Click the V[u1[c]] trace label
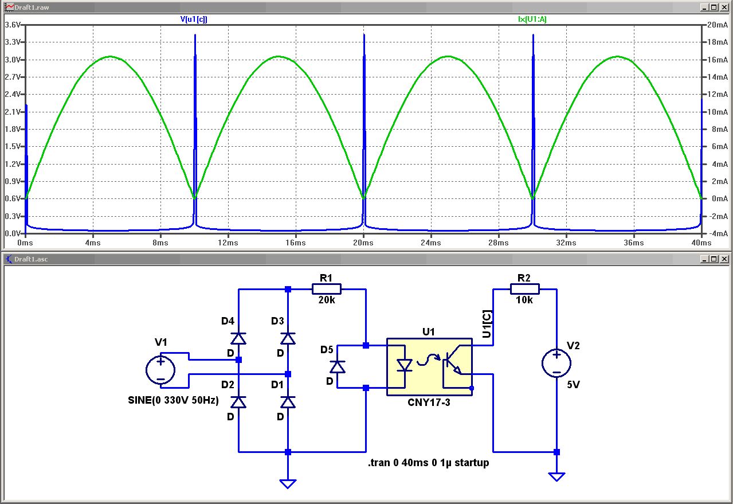(194, 19)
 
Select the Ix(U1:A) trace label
(532, 19)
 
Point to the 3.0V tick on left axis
(13, 60)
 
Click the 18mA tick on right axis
(716, 42)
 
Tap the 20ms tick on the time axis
(363, 243)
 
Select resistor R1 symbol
(326, 289)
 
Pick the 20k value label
(326, 300)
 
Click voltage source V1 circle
(161, 370)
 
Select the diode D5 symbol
(338, 366)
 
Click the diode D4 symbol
(239, 338)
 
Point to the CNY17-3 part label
(429, 403)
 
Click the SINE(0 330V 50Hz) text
(174, 400)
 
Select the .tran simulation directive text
(428, 462)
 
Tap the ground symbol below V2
(556, 476)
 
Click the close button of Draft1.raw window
(724, 7)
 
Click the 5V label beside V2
(573, 385)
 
